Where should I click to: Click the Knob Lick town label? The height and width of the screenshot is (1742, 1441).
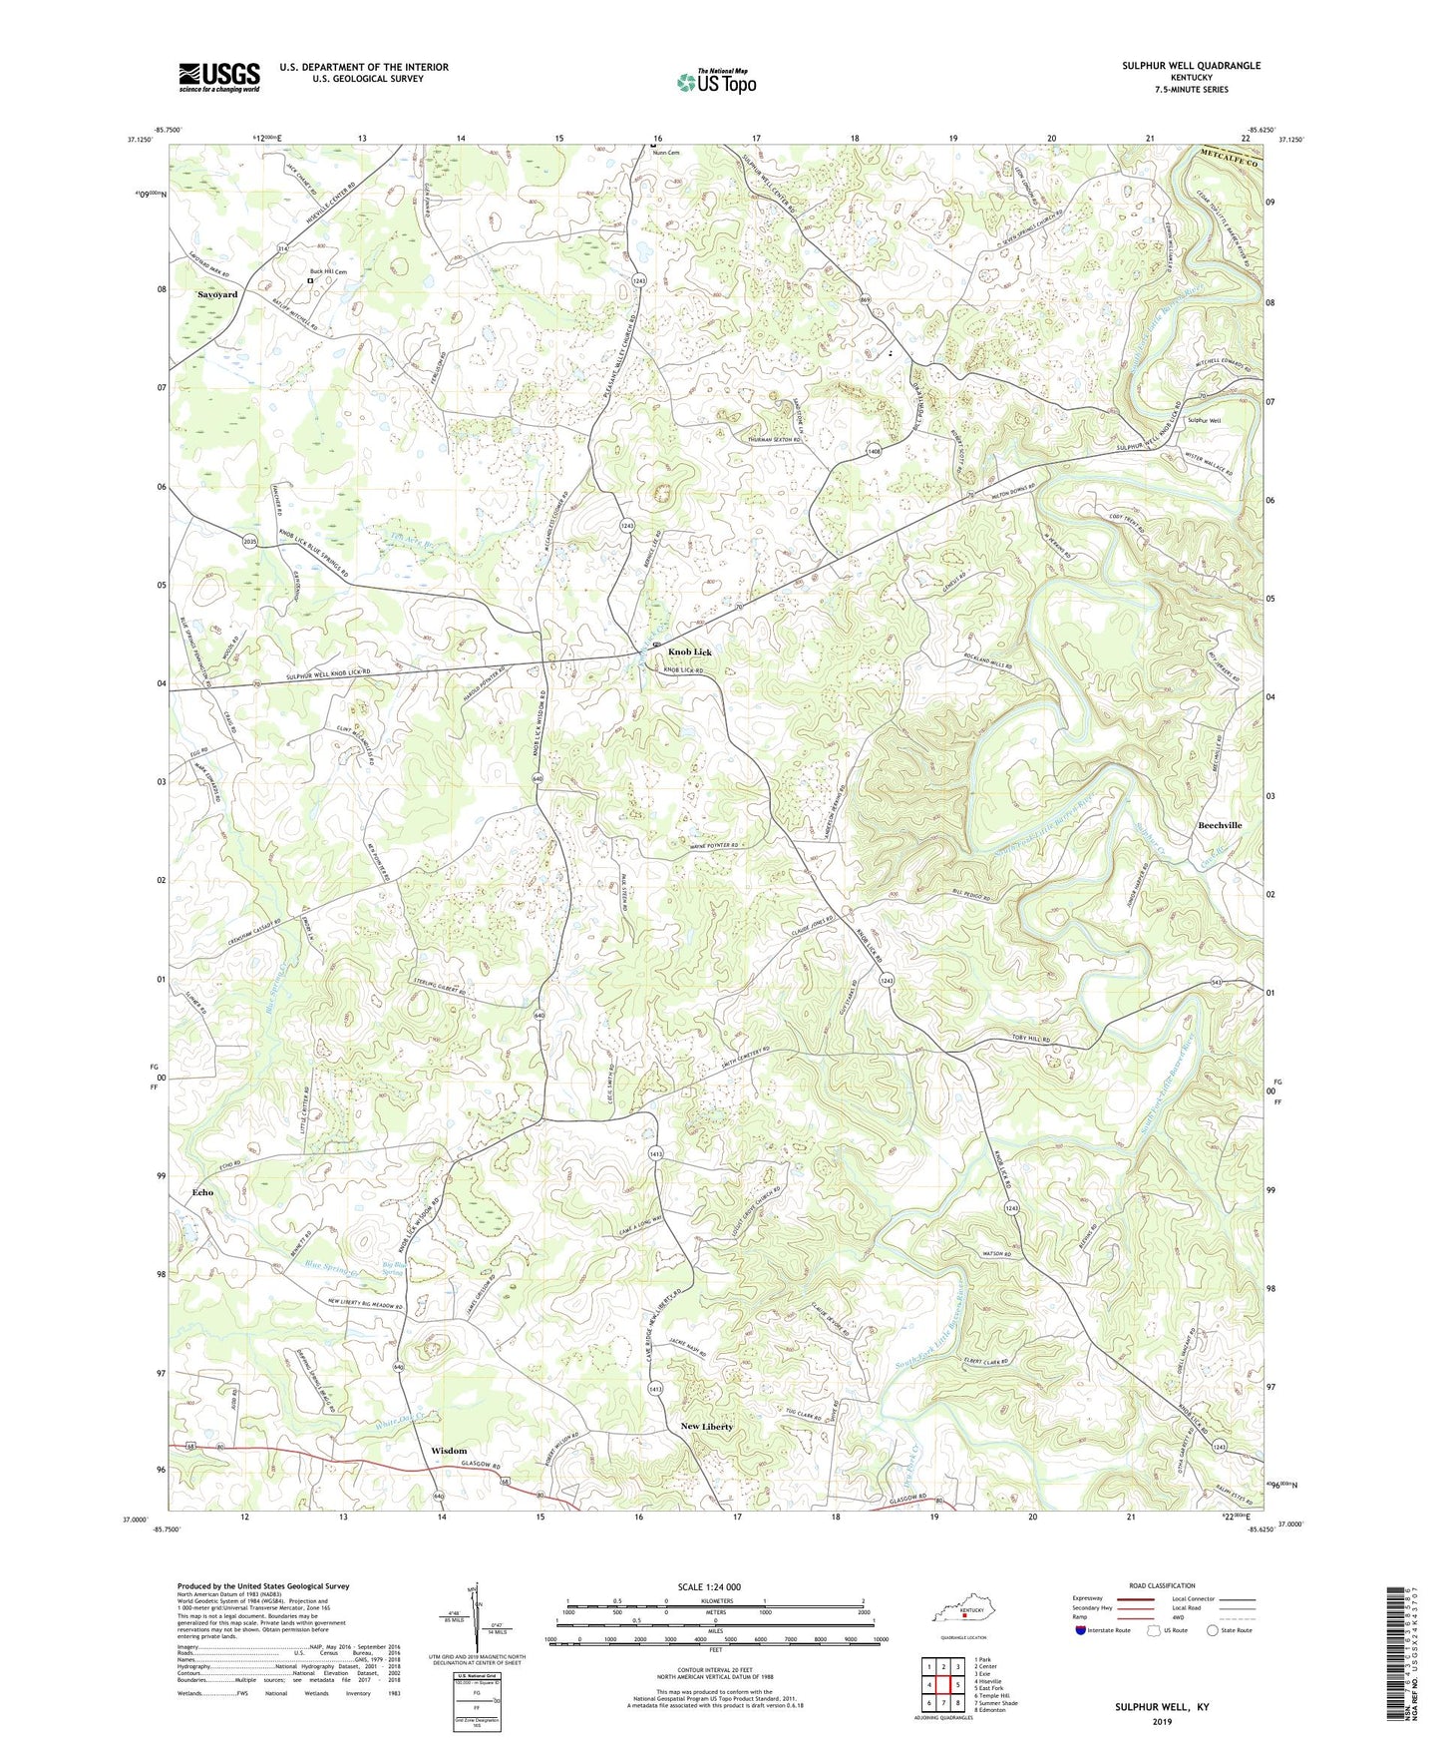pyautogui.click(x=690, y=652)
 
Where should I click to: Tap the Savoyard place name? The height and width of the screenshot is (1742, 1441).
pyautogui.click(x=217, y=295)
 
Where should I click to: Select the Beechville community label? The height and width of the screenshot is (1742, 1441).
pyautogui.click(x=1219, y=825)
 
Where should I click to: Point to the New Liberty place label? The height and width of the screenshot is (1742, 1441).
pyautogui.click(x=706, y=1427)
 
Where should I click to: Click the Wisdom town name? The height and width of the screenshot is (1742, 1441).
pyautogui.click(x=449, y=1450)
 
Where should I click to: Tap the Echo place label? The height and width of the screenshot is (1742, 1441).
pyautogui.click(x=202, y=1192)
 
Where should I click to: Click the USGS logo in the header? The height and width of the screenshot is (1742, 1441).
pyautogui.click(x=219, y=77)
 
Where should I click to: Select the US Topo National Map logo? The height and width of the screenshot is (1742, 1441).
pyautogui.click(x=716, y=82)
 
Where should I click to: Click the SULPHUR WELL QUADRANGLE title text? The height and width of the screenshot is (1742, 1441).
pyautogui.click(x=1177, y=66)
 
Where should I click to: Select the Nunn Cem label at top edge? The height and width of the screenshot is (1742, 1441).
pyautogui.click(x=664, y=153)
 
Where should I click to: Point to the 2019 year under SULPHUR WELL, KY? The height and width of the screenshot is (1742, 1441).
pyautogui.click(x=1161, y=1721)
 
